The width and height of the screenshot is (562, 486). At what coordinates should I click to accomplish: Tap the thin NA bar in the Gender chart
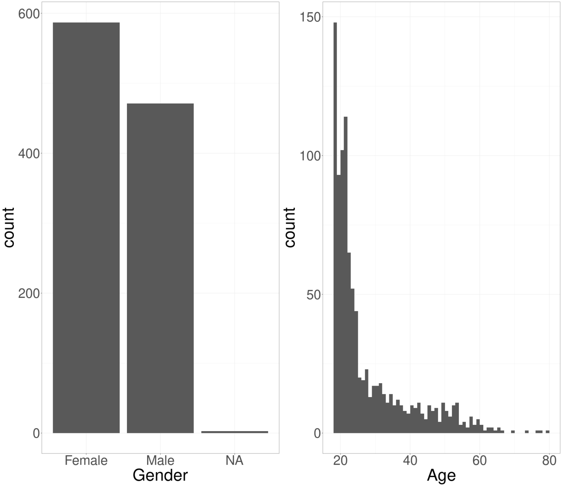pyautogui.click(x=235, y=432)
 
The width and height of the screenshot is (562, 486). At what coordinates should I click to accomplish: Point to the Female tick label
pyautogui.click(x=86, y=460)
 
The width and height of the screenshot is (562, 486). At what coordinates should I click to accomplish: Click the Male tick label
pyautogui.click(x=160, y=460)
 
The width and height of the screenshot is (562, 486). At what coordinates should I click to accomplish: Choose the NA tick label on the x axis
pyautogui.click(x=235, y=460)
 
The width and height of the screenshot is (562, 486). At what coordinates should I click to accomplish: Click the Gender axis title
pyautogui.click(x=160, y=475)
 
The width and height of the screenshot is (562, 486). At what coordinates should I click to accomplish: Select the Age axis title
pyautogui.click(x=441, y=475)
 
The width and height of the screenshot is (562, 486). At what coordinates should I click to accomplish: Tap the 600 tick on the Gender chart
pyautogui.click(x=29, y=14)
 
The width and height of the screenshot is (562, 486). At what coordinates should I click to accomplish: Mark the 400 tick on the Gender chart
pyautogui.click(x=29, y=154)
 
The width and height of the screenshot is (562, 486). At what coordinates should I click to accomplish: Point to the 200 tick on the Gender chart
pyautogui.click(x=29, y=294)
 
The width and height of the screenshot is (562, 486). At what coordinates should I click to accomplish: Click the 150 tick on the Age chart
pyautogui.click(x=310, y=17)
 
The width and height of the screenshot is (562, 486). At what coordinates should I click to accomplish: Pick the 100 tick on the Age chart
pyautogui.click(x=310, y=156)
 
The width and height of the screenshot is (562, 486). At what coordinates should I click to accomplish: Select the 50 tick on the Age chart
pyautogui.click(x=314, y=295)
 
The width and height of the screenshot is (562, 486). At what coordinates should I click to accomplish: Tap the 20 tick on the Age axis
pyautogui.click(x=340, y=460)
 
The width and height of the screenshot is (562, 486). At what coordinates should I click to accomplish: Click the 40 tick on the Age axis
pyautogui.click(x=410, y=460)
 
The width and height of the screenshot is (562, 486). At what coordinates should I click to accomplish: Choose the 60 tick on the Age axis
pyautogui.click(x=480, y=460)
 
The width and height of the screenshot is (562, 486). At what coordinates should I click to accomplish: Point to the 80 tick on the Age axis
pyautogui.click(x=549, y=460)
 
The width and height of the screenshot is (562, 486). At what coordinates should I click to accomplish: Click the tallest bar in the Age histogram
pyautogui.click(x=335, y=227)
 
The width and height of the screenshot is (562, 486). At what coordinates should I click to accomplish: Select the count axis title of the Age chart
pyautogui.click(x=290, y=227)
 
